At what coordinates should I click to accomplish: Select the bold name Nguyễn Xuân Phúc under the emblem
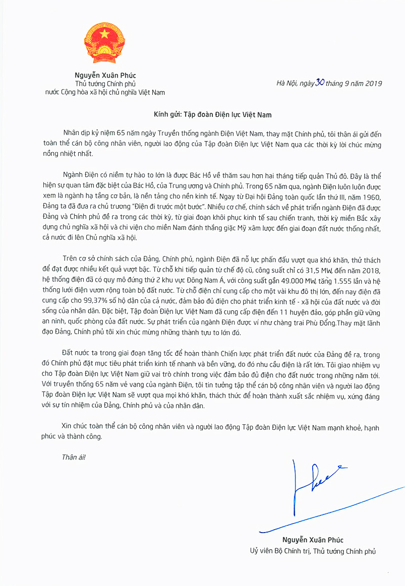pyautogui.click(x=105, y=76)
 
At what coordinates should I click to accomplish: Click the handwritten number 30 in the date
pyautogui.click(x=319, y=83)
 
